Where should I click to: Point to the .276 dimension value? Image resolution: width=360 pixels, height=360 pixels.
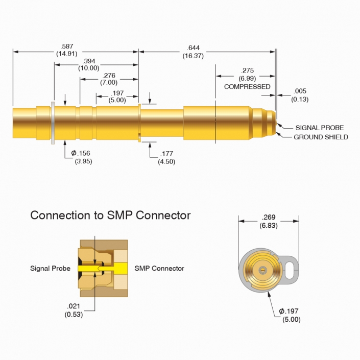pyautogui.click(x=109, y=76)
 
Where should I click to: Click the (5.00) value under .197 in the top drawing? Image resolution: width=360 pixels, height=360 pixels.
pyautogui.click(x=117, y=100)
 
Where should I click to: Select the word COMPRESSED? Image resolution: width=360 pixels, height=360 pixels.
pyautogui.click(x=247, y=87)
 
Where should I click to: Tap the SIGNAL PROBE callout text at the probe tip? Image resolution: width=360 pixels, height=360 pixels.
pyautogui.click(x=320, y=128)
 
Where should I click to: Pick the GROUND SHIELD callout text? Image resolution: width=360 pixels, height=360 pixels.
pyautogui.click(x=321, y=137)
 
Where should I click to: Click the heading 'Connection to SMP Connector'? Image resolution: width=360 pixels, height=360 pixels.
pyautogui.click(x=110, y=215)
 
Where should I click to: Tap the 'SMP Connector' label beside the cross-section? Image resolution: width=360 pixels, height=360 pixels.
pyautogui.click(x=159, y=268)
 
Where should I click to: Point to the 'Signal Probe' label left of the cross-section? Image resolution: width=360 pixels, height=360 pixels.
pyautogui.click(x=50, y=268)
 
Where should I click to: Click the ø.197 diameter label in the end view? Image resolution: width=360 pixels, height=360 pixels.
pyautogui.click(x=290, y=311)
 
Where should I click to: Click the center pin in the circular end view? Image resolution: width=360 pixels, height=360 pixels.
pyautogui.click(x=263, y=269)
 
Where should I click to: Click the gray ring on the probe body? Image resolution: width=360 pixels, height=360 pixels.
pyautogui.click(x=53, y=123)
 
